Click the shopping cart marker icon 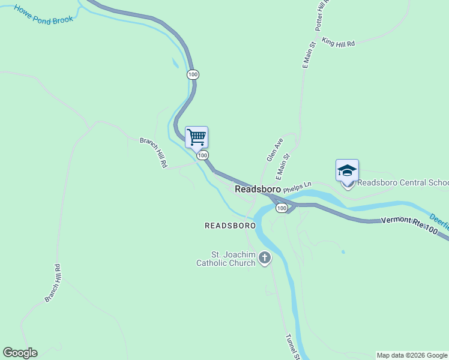point(196,137)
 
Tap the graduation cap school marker point(347,170)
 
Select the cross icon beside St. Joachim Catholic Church point(265,258)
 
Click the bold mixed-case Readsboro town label point(258,188)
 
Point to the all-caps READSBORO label point(230,226)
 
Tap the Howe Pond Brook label point(44,14)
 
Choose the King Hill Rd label point(339,42)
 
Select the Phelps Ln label point(298,186)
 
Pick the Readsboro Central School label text point(403,182)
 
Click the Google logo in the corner point(20,353)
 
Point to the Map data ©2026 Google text point(412,355)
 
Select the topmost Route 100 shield point(192,74)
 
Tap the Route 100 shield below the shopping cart point(203,155)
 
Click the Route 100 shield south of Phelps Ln point(281,208)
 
